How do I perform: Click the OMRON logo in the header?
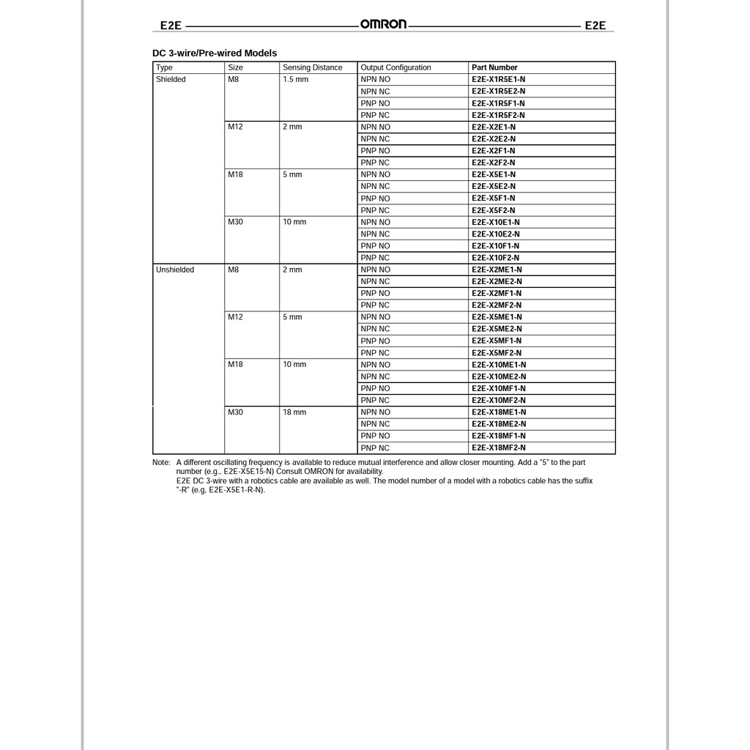click(383, 24)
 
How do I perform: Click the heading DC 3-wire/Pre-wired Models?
click(215, 53)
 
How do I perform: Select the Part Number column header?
click(494, 67)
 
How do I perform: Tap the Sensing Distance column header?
click(312, 67)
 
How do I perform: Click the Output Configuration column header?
click(396, 67)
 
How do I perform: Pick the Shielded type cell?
click(171, 79)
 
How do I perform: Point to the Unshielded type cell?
click(175, 270)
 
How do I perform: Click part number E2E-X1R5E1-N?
click(498, 79)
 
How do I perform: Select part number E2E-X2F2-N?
click(494, 163)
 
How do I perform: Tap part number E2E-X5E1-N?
click(494, 174)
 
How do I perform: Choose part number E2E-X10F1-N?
click(496, 246)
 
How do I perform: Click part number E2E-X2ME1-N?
click(497, 270)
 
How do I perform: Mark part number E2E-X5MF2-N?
click(497, 353)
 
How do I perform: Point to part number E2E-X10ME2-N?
click(499, 376)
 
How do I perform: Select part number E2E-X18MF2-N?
click(499, 448)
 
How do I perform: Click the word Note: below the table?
click(161, 463)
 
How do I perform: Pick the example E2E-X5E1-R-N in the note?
click(235, 490)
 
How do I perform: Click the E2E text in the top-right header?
click(595, 25)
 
